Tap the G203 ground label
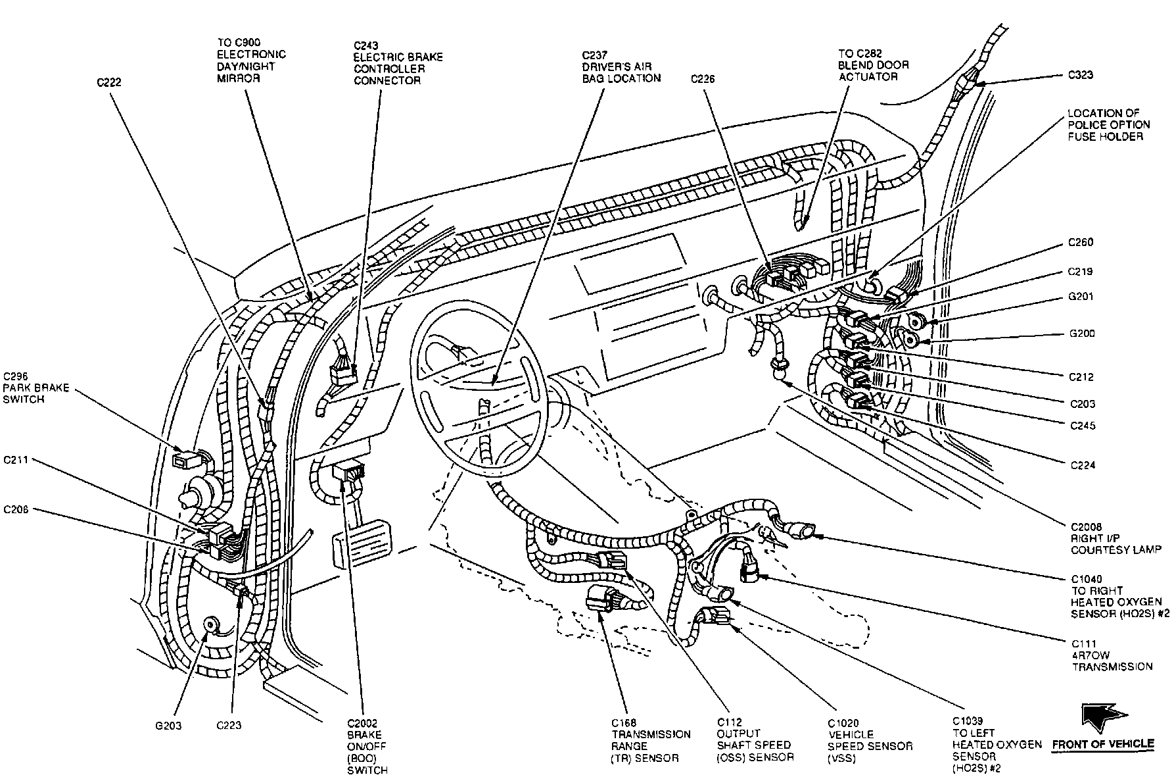coord(168,726)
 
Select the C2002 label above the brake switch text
coord(364,723)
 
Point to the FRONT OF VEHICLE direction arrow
coord(1104,718)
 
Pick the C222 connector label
coord(109,82)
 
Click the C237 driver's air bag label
coord(621,66)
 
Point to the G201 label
coord(1081,296)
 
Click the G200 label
coord(1082,333)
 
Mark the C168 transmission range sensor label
coord(651,740)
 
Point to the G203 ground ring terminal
coord(212,624)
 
